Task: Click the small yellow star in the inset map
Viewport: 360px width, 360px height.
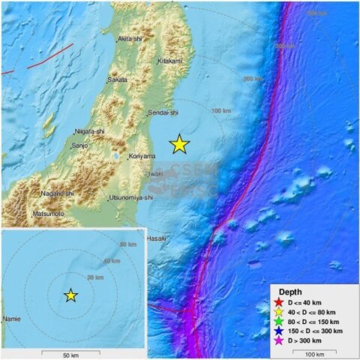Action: click(70, 295)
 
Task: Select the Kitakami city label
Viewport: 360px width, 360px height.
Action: click(172, 61)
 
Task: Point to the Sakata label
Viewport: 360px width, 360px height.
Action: click(117, 79)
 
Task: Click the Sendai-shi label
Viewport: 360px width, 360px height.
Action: click(163, 113)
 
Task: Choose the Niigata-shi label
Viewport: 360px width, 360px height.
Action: click(90, 130)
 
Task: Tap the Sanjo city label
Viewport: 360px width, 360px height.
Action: click(80, 145)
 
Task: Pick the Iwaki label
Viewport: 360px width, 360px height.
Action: click(155, 173)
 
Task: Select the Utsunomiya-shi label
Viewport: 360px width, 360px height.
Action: click(131, 197)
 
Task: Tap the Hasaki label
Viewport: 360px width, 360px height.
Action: click(156, 238)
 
